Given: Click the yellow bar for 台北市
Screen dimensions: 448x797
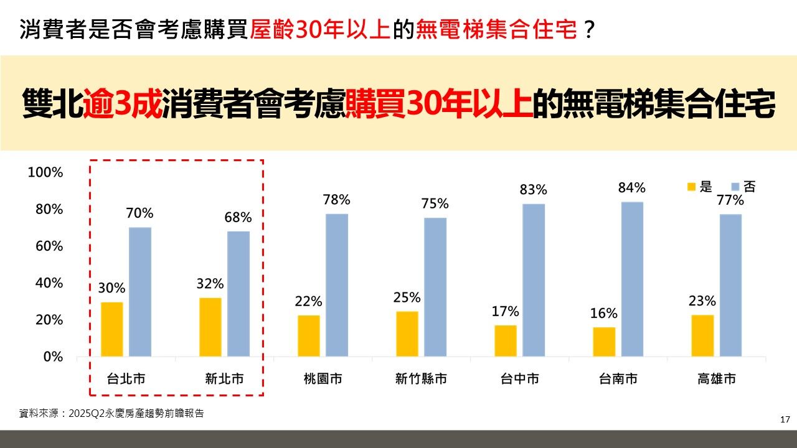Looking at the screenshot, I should pyautogui.click(x=111, y=329).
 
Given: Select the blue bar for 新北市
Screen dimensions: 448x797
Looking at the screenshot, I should pyautogui.click(x=238, y=294).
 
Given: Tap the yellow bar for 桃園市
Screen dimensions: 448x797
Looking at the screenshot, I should pyautogui.click(x=309, y=336).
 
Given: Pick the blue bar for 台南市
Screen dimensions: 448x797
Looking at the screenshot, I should pyautogui.click(x=631, y=279).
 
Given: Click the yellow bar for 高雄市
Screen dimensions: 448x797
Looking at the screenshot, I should pyautogui.click(x=702, y=335).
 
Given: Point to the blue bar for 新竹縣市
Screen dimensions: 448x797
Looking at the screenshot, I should pyautogui.click(x=435, y=287).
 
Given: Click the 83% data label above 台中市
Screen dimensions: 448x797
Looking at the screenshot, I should pyautogui.click(x=534, y=190).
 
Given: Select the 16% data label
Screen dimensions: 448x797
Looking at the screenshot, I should pyautogui.click(x=604, y=313).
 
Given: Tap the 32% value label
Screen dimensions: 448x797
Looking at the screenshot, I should pyautogui.click(x=210, y=284).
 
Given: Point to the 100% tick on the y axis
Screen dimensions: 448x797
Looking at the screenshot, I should pyautogui.click(x=45, y=172).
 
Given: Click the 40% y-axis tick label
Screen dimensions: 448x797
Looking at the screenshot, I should pyautogui.click(x=49, y=283).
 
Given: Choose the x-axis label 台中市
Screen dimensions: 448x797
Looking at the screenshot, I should pyautogui.click(x=519, y=379).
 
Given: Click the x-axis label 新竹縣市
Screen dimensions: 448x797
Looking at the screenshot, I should pyautogui.click(x=421, y=379).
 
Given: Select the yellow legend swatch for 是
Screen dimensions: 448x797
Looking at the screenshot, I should pyautogui.click(x=691, y=187).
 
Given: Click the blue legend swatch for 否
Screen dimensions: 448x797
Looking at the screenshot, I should pyautogui.click(x=735, y=187).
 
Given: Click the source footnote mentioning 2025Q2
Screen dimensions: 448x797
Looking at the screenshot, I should pyautogui.click(x=111, y=413).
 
